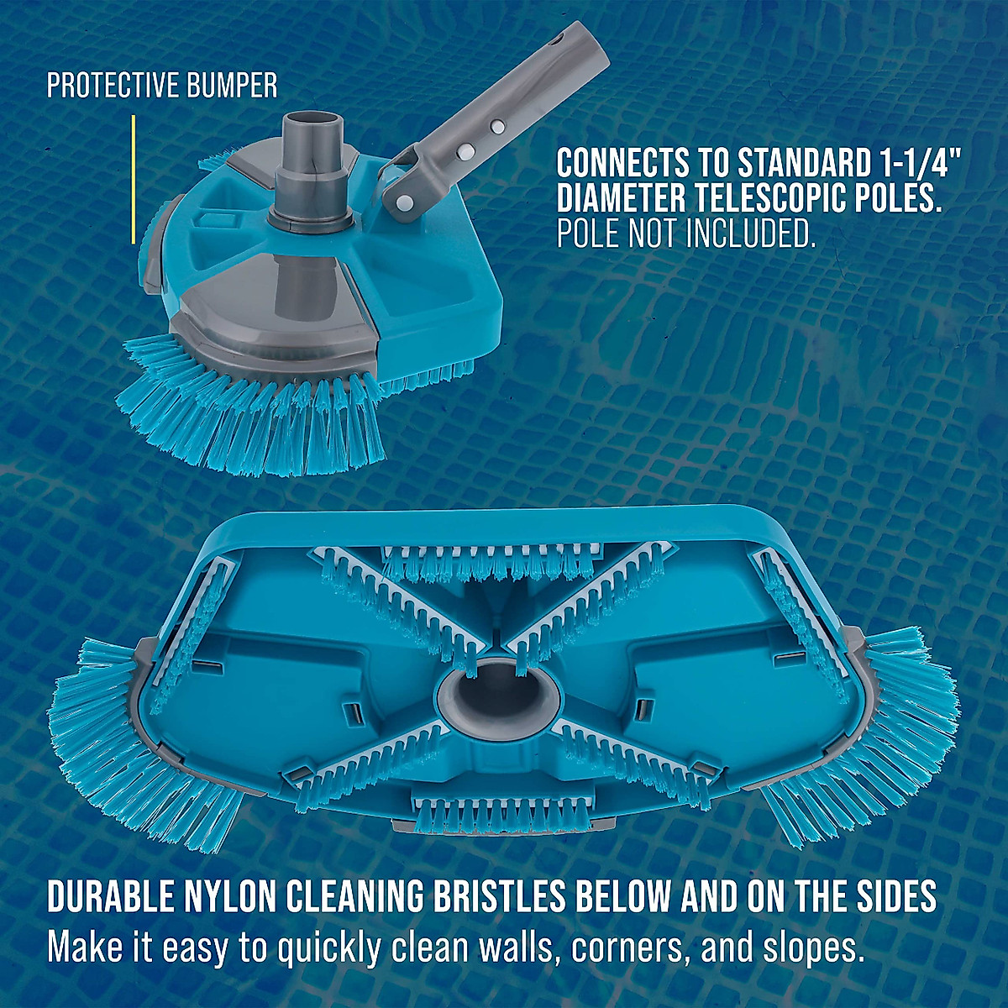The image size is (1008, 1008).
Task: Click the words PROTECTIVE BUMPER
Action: (x=161, y=85)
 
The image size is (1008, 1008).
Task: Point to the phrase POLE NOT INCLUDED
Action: (x=686, y=235)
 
